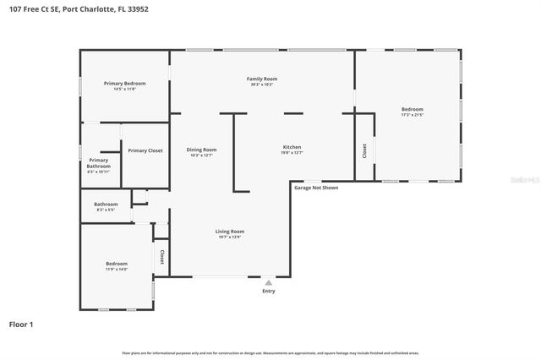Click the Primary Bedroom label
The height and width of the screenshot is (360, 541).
click(124, 84)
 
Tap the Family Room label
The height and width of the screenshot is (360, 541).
click(262, 79)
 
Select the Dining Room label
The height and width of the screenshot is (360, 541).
click(201, 150)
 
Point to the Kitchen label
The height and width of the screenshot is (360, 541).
click(292, 147)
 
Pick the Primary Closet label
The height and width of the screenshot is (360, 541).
click(145, 150)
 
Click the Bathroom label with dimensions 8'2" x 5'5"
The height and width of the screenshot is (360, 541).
click(106, 204)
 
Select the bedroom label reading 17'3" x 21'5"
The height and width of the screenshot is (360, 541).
click(412, 109)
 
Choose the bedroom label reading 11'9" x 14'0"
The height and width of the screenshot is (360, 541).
click(116, 265)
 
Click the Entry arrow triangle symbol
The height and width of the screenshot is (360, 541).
click(269, 282)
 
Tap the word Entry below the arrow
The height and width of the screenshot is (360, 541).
click(269, 291)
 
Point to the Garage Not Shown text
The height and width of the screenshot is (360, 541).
click(316, 188)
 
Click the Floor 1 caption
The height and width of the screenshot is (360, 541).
click(21, 324)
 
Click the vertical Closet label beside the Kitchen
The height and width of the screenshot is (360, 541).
click(364, 150)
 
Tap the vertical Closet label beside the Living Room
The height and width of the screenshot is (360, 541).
click(161, 256)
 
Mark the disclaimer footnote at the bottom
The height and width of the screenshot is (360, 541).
click(270, 352)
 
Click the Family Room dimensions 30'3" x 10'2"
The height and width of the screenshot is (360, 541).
click(262, 85)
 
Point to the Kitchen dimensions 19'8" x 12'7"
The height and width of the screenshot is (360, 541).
click(292, 153)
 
